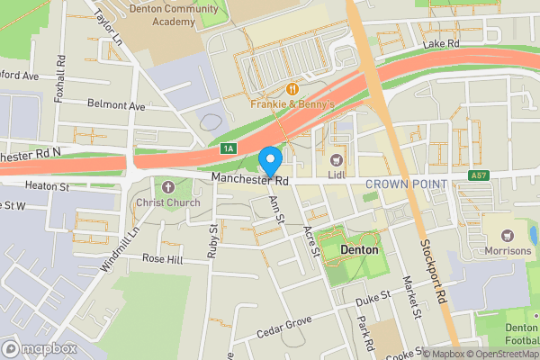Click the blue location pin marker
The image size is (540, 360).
[270, 160]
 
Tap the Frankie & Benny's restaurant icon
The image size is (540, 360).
[292, 88]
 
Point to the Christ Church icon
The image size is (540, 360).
[168, 186]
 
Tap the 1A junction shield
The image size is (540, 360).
[229, 148]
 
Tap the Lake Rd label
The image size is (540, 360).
[441, 42]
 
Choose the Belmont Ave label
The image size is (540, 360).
[116, 106]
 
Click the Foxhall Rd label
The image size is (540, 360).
[59, 78]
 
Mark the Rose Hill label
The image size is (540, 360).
[162, 259]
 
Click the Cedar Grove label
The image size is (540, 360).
[284, 323]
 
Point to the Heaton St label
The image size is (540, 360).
[48, 186]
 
